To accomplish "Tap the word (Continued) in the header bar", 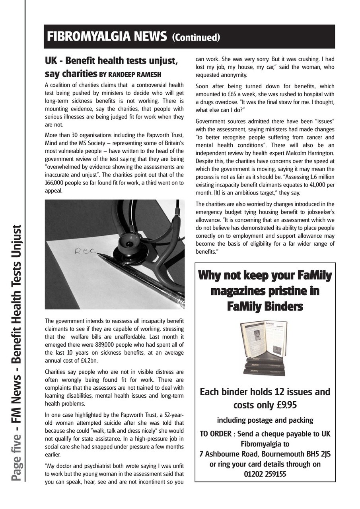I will tap(196, 37).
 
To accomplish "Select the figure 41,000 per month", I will tap(305, 185).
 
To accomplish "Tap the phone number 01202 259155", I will tap(265, 474).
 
